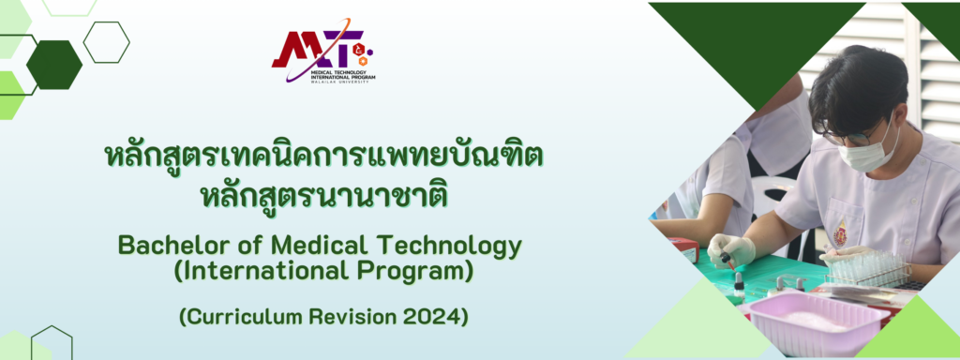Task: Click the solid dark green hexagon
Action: point(54,65)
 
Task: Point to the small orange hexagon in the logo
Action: point(363,61)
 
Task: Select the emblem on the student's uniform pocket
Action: point(841,233)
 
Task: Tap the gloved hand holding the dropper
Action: point(730,249)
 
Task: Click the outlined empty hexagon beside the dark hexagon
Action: point(106,42)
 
